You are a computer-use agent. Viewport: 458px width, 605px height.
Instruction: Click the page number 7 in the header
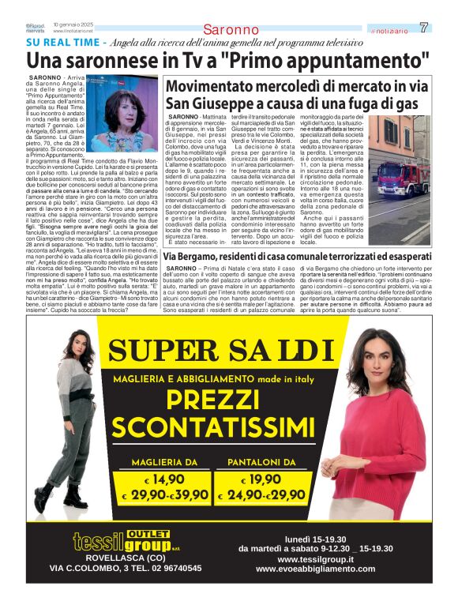pyautogui.click(x=425, y=28)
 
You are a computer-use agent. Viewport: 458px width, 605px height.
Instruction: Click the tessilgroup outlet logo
pyautogui.click(x=127, y=542)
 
